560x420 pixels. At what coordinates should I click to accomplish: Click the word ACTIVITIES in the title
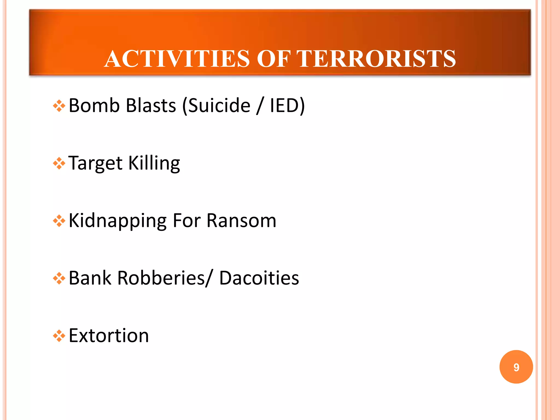[x=177, y=59]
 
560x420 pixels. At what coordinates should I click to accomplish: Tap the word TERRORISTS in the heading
[x=376, y=59]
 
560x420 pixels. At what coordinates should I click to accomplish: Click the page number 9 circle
[x=516, y=367]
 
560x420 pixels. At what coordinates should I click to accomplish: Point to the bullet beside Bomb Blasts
[x=59, y=106]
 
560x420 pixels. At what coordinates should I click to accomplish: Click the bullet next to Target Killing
[x=59, y=164]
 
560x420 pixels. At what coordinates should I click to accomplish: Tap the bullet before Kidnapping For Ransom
[x=59, y=221]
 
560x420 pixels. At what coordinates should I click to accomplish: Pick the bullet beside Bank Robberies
[x=59, y=279]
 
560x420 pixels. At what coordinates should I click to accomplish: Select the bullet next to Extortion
[x=59, y=336]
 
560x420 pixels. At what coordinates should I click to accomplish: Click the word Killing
[x=154, y=163]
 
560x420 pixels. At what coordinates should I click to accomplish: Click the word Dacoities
[x=259, y=278]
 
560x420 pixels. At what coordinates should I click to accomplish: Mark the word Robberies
[x=163, y=278]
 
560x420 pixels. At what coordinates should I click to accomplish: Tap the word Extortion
[x=109, y=336]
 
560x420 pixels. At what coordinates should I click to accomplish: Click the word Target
[x=95, y=163]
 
